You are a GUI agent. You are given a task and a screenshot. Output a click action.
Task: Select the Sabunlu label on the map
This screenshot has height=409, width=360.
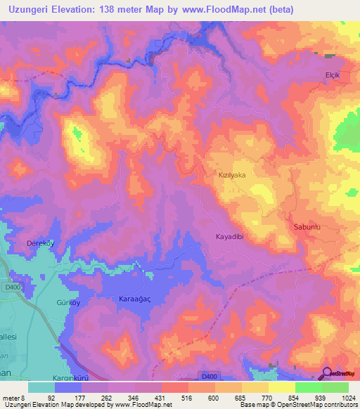pyautogui.click(x=307, y=227)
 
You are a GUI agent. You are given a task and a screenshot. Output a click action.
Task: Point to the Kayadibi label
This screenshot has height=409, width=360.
pyautogui.click(x=229, y=238)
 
